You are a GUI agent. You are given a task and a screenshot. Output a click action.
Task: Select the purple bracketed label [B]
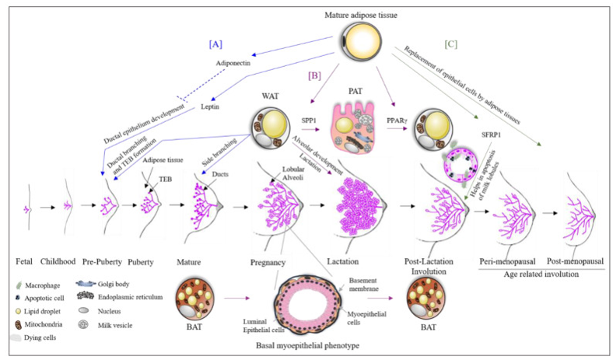(x=314, y=76)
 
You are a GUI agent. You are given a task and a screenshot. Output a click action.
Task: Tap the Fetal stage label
(x=27, y=261)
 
